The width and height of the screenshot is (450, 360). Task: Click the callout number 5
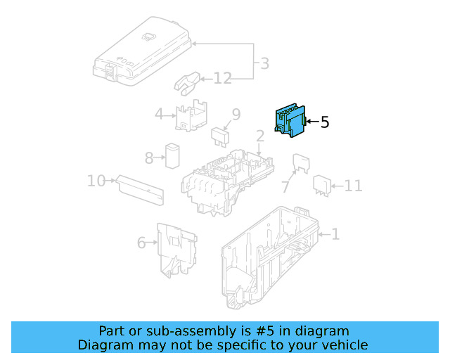pos(324,122)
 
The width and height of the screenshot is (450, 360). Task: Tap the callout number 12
pos(222,78)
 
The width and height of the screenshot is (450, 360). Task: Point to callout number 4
pos(160,114)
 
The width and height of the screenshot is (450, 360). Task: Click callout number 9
pos(236,114)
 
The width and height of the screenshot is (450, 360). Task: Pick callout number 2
pos(259,136)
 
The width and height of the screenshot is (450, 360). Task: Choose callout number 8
pos(149,158)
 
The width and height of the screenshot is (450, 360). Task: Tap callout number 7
pos(285,187)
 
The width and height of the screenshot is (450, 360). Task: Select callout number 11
pos(353,186)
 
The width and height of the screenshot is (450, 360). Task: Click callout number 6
pos(141,243)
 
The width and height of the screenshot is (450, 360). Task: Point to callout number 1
pos(335,233)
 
